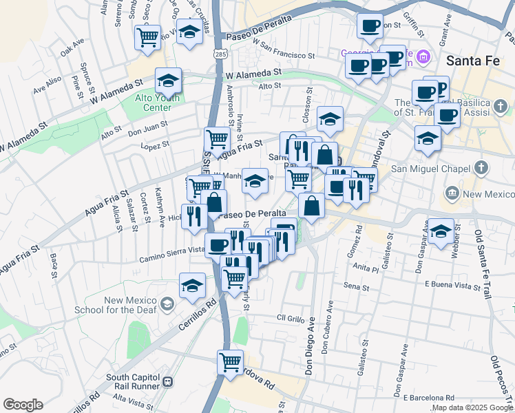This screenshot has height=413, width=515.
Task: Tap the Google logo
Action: pos(23,405)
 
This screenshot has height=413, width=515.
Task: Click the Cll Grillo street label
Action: pos(290,318)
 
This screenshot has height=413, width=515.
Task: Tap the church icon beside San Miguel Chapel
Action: pos(481,167)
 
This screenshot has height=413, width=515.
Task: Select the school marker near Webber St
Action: pos(441,233)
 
